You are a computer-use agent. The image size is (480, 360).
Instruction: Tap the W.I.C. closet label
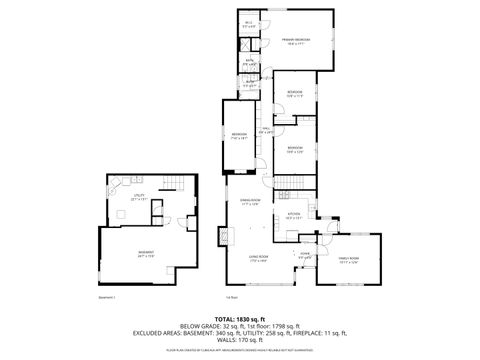coord(248,23)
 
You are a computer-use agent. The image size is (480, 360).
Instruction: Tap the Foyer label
coord(304,254)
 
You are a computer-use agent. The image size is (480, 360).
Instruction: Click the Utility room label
coord(140,197)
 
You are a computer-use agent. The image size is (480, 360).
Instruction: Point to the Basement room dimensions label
coord(146,257)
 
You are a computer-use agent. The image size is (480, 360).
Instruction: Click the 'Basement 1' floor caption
coord(108,297)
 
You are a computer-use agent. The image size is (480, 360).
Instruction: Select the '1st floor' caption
coord(232,297)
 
